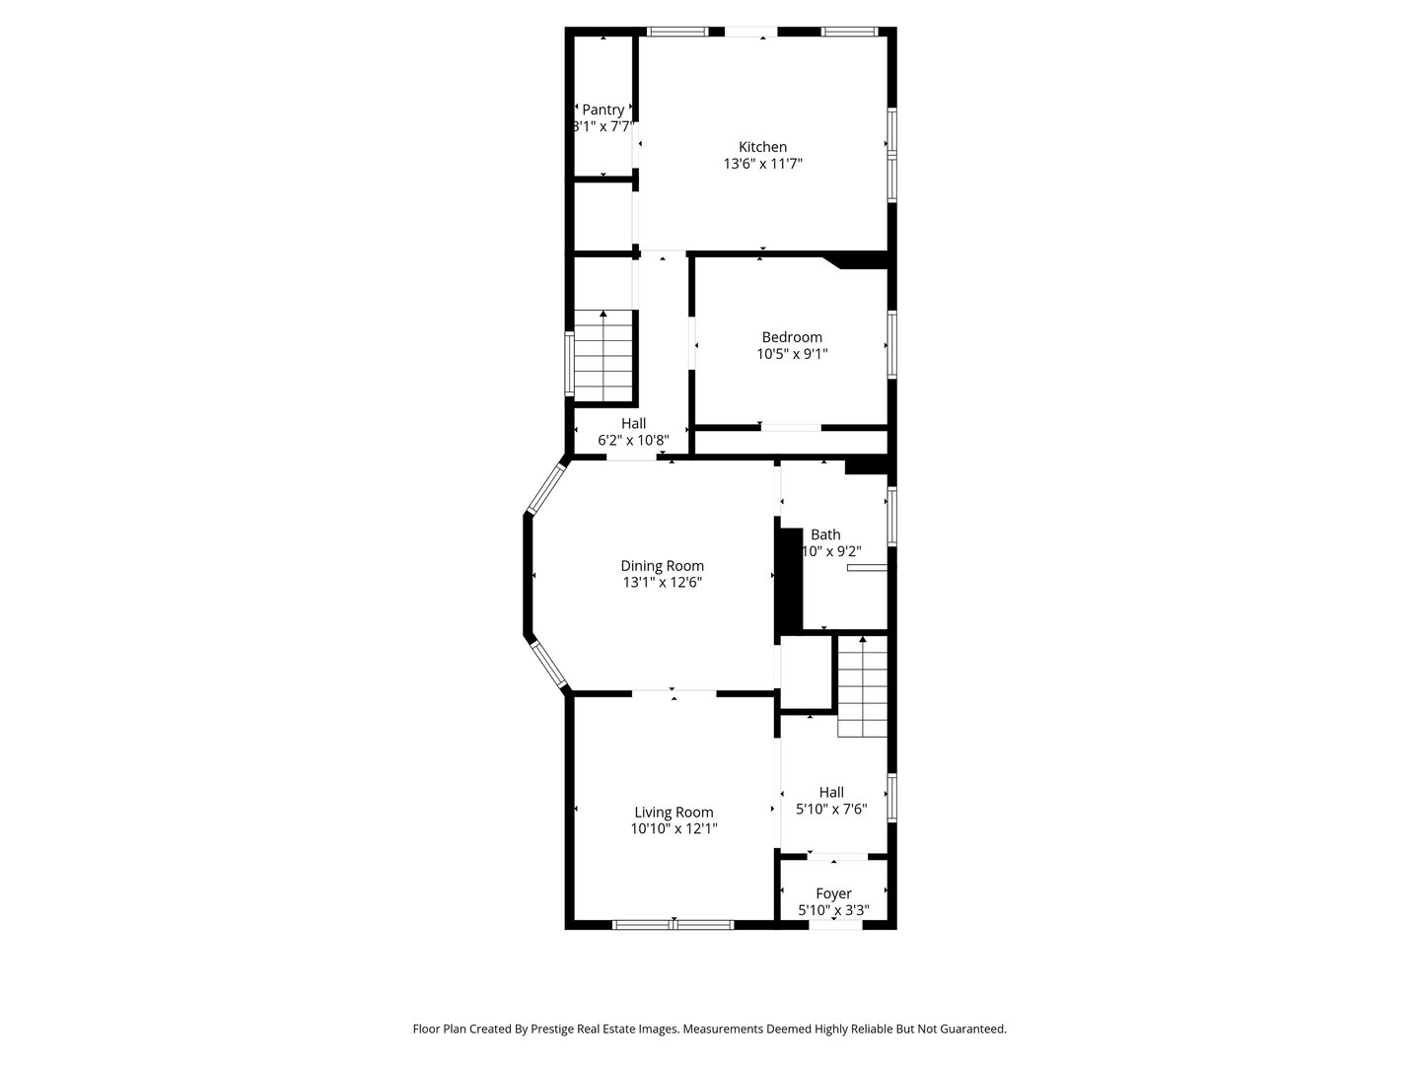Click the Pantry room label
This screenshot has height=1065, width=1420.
coord(603,109)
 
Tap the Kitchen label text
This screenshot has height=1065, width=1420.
coord(762,147)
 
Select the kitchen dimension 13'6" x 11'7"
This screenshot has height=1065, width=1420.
coord(762,165)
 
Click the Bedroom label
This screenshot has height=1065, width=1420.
coord(791,337)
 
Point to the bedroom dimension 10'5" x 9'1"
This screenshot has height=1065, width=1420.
coord(791,354)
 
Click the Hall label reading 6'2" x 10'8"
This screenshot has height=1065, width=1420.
coord(633,423)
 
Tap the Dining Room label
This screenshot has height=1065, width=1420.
coord(662,566)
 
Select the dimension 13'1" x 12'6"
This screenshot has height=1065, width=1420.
coord(662,583)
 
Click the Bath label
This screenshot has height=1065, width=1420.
coord(825,534)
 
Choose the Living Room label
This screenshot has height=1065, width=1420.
coord(674,813)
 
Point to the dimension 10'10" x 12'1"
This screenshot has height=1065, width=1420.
coord(674,829)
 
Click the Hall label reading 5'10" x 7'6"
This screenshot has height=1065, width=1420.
coord(831,792)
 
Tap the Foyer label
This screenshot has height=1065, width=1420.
coord(833,893)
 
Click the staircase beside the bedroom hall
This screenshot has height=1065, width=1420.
coord(603,355)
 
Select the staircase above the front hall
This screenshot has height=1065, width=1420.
coord(862,687)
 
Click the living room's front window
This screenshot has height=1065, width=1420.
coord(674,924)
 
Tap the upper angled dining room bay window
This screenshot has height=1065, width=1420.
coord(545,489)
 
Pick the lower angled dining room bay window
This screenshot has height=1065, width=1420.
coord(548,665)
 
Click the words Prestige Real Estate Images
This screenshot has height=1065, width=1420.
coord(604,1029)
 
